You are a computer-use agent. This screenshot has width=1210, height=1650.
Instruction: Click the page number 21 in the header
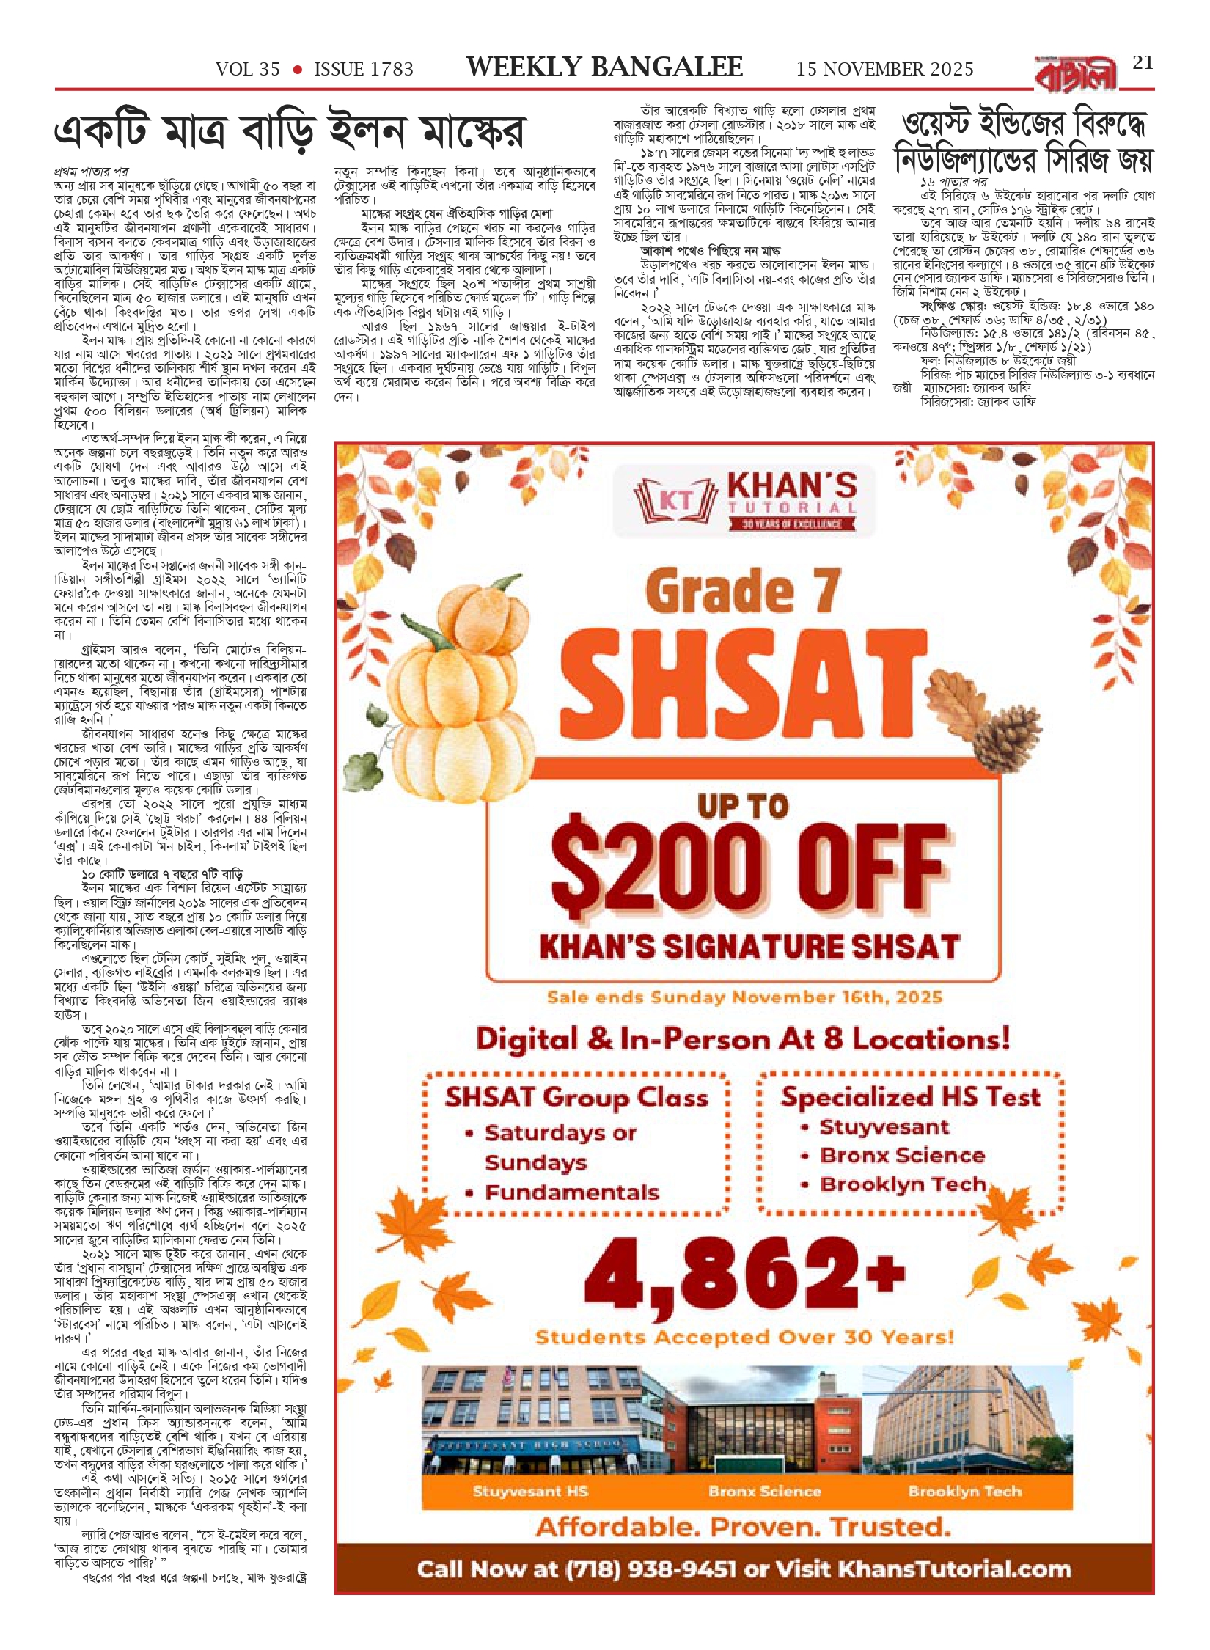1143,63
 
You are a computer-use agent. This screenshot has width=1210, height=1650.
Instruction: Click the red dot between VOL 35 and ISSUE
298,70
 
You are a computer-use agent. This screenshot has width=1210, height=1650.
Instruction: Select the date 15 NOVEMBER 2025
884,70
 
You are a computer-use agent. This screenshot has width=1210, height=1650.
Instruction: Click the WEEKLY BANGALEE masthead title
604,67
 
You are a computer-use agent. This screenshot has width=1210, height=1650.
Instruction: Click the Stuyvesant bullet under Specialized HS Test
884,1127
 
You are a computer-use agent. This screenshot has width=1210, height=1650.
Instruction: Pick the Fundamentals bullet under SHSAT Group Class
572,1192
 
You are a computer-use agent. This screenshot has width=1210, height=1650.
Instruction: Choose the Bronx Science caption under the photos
764,1491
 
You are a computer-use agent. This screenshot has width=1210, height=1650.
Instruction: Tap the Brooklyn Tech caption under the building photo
964,1491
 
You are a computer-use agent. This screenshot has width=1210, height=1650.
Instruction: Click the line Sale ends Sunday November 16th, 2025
744,997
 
